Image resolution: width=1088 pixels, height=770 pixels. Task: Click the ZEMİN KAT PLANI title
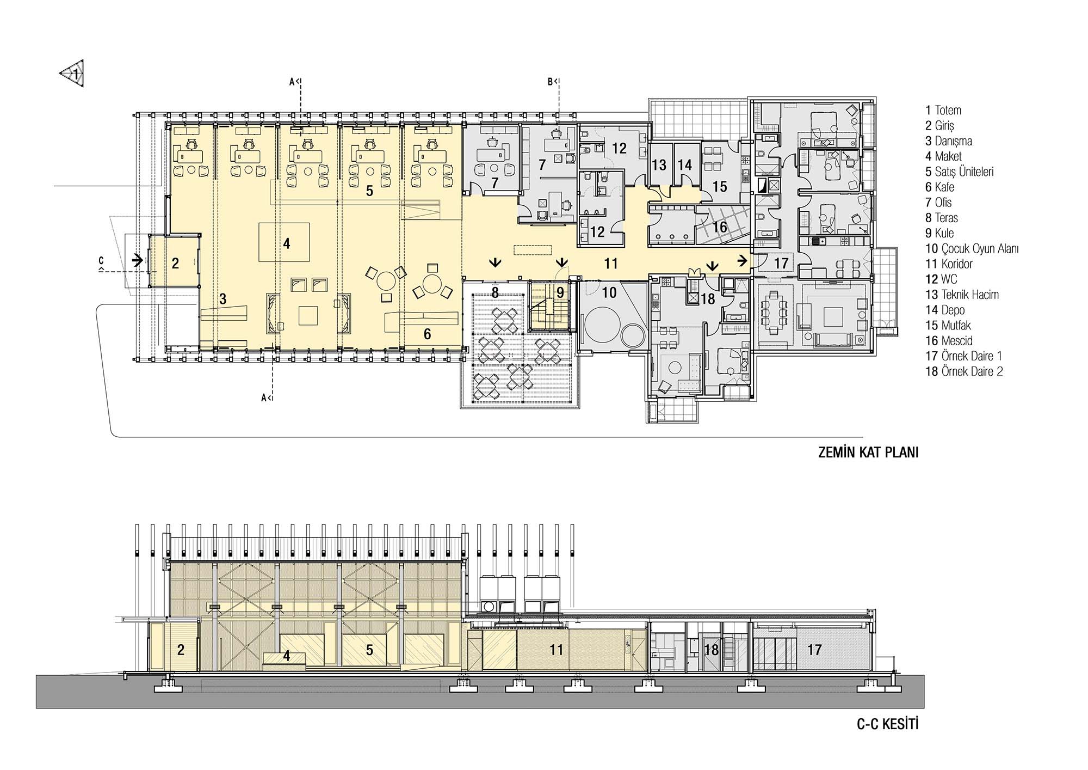[868, 453]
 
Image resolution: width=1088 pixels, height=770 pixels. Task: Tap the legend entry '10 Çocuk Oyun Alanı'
[972, 249]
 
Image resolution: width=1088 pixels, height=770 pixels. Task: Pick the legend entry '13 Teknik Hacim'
[962, 295]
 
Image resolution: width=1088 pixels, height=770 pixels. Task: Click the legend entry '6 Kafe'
[939, 187]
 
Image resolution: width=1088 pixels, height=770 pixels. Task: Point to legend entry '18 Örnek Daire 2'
[964, 371]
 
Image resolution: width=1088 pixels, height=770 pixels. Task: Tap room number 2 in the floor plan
[175, 264]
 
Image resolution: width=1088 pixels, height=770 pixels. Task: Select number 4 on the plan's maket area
[287, 243]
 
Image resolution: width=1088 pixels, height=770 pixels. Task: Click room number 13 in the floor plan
[659, 164]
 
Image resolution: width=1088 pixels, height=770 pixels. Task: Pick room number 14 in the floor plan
[684, 164]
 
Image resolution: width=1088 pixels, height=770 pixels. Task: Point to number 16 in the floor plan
[719, 226]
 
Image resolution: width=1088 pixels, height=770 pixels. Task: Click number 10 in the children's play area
[609, 292]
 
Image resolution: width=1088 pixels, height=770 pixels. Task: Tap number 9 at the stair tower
[560, 292]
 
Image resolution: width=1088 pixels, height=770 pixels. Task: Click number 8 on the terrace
[494, 292]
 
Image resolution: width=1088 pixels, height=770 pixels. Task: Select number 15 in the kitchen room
[719, 186]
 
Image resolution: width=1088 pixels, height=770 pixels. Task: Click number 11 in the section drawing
[556, 650]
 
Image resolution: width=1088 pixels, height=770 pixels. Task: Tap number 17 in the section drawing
[814, 650]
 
